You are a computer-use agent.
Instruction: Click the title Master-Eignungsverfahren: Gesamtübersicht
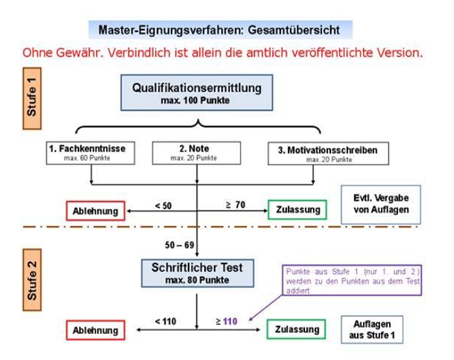click(x=219, y=30)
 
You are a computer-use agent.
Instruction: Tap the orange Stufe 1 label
click(x=32, y=99)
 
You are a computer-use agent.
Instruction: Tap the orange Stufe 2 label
click(x=32, y=280)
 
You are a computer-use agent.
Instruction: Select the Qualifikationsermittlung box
click(x=197, y=93)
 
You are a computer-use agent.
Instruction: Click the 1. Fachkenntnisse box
click(x=91, y=153)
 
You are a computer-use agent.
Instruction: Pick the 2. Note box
click(x=197, y=153)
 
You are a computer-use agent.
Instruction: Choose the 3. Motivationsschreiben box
click(x=328, y=154)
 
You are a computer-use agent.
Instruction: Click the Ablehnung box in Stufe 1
click(x=96, y=211)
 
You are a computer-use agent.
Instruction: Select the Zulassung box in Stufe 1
click(x=298, y=209)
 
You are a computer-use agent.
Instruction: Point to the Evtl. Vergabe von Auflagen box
click(x=381, y=204)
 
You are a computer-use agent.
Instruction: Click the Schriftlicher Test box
click(x=198, y=273)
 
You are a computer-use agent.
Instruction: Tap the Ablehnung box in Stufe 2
click(x=96, y=330)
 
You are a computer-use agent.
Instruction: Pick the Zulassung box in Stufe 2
click(x=296, y=329)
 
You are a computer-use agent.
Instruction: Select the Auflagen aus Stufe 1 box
click(x=372, y=330)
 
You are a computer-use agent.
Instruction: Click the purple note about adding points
click(x=352, y=280)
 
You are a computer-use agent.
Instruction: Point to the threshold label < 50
click(x=164, y=206)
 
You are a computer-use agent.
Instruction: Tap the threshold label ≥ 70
click(x=235, y=205)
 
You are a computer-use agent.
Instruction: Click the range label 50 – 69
click(x=180, y=245)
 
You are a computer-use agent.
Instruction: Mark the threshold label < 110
click(x=166, y=322)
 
